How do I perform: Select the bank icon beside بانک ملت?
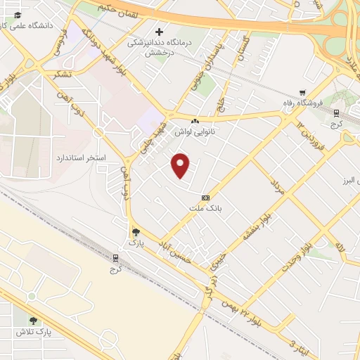tap(205, 198)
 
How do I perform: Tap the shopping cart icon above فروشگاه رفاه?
tap(302, 92)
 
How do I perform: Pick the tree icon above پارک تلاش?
tap(32, 321)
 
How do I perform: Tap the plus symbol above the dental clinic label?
tap(160, 32)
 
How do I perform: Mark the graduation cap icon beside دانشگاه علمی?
tap(17, 15)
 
